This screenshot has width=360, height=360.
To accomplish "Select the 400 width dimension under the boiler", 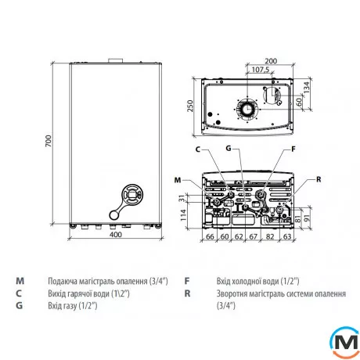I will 117,235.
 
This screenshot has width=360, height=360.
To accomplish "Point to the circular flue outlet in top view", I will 247,109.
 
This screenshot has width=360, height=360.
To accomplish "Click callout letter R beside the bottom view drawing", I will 319,179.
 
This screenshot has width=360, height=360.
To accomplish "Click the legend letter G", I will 17,305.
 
